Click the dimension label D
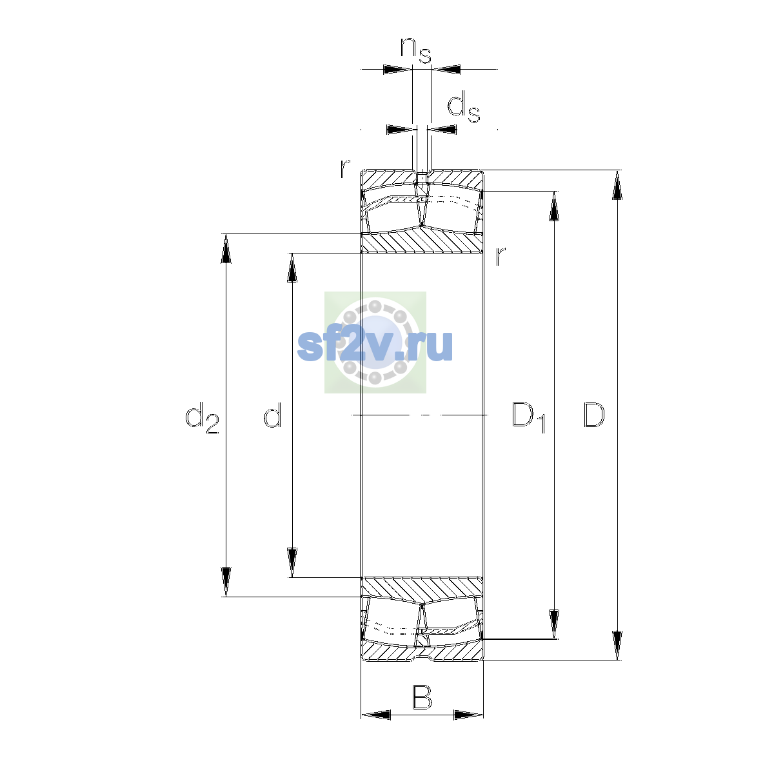[x=593, y=415]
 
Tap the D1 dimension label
[x=529, y=417]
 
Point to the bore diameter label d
[x=273, y=415]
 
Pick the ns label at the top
[x=416, y=51]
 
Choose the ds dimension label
[x=464, y=107]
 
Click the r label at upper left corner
[x=345, y=169]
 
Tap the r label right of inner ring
[x=500, y=256]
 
